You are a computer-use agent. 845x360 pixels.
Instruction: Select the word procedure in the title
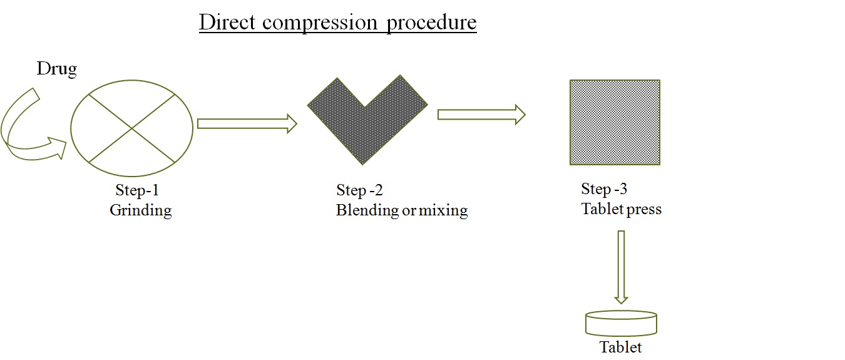point(432,23)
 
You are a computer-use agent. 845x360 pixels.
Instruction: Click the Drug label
point(57,69)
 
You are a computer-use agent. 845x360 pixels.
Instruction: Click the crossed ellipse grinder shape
point(131,128)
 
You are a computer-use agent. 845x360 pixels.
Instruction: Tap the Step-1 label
point(141,190)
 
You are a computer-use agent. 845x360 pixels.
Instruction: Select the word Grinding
point(141,210)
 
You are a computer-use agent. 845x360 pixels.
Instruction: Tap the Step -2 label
point(359,190)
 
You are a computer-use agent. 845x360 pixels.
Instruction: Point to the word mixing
point(443,210)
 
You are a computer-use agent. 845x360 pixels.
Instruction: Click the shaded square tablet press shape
point(615,122)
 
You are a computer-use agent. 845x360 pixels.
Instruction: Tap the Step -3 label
point(605,189)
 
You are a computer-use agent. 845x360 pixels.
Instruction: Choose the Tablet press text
point(621,209)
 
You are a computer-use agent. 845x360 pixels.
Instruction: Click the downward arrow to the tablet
point(621,267)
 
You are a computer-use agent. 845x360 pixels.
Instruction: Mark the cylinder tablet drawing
point(621,323)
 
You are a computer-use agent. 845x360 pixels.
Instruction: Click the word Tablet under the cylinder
point(621,347)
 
